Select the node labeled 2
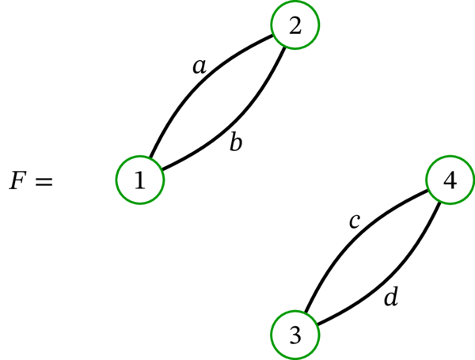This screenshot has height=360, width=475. point(295,25)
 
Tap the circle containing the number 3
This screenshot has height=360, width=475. point(295,335)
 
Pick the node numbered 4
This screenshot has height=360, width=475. point(450,180)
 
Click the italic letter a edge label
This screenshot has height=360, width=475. point(199,67)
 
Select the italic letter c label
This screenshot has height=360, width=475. point(355,222)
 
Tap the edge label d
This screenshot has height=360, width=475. point(390,297)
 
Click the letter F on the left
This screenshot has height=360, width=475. point(17,181)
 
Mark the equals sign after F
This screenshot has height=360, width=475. point(43,182)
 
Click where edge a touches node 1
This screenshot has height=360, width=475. point(150,158)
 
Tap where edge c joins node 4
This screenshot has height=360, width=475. point(429,189)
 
